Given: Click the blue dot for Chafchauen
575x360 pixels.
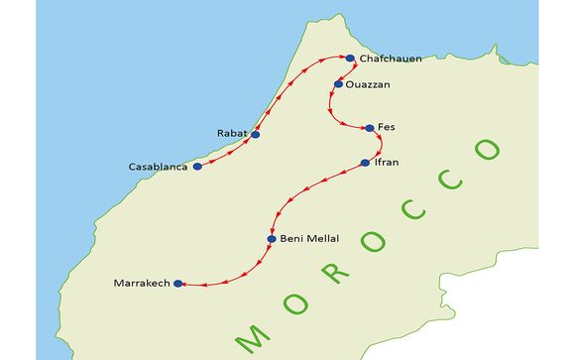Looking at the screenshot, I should [x=350, y=59].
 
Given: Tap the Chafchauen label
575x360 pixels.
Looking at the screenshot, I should [x=391, y=59].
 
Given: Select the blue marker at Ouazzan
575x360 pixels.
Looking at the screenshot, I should [x=339, y=84].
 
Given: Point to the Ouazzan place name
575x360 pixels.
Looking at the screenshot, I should [x=369, y=84].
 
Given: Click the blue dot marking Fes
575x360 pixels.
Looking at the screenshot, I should [x=370, y=128].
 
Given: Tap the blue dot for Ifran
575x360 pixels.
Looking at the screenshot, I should [x=365, y=162].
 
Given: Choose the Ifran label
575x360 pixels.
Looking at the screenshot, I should [x=388, y=162].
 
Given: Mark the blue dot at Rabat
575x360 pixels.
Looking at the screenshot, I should [x=256, y=134].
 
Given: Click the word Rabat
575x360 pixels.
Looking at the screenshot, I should [x=232, y=132].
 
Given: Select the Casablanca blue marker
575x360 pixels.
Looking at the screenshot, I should [x=197, y=167].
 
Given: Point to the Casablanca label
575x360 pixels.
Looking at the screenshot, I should [x=159, y=167].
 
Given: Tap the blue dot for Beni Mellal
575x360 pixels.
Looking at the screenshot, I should [x=272, y=239].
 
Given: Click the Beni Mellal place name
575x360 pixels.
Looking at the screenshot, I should [x=310, y=239].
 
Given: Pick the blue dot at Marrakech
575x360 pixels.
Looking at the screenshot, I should [x=177, y=284].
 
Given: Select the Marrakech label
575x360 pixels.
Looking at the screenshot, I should [x=143, y=284].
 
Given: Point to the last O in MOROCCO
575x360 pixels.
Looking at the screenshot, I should [x=486, y=151].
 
